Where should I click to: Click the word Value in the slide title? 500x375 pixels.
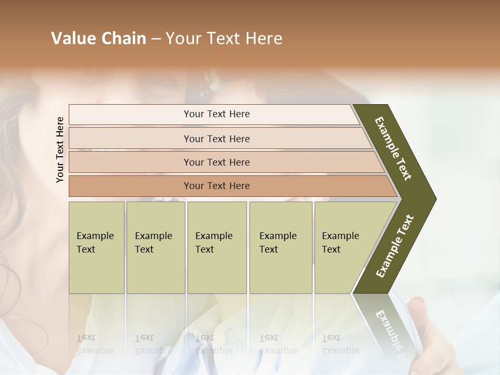(x=72, y=39)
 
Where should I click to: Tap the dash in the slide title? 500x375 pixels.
(x=156, y=39)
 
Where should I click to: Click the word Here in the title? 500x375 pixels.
(x=264, y=39)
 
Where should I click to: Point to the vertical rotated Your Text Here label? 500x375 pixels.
(x=60, y=149)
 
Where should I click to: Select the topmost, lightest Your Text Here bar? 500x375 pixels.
(x=216, y=114)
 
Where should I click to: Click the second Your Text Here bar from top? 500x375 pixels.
(x=216, y=139)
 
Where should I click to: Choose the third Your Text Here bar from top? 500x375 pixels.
(x=216, y=162)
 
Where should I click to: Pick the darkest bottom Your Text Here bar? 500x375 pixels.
(x=216, y=186)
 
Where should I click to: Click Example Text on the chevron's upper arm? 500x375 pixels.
(x=393, y=149)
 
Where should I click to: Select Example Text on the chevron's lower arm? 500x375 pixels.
(x=395, y=246)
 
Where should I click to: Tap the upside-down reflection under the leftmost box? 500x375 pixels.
(x=95, y=344)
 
